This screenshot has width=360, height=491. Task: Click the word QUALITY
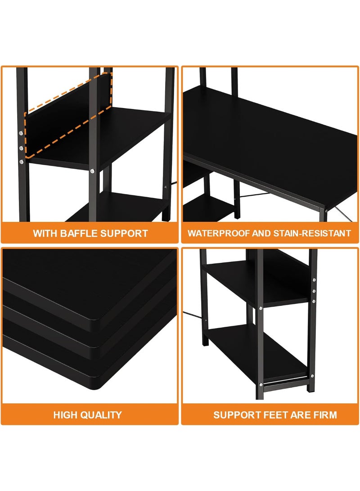101,415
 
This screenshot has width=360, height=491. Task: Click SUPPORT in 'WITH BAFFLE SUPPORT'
124,233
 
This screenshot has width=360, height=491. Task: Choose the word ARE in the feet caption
301,415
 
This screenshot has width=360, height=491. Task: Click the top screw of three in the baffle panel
21,133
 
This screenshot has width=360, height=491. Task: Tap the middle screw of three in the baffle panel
21,148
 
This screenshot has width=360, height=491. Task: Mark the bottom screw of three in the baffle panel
21,162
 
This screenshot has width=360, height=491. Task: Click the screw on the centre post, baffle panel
92,171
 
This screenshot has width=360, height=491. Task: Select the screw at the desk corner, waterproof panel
326,211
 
